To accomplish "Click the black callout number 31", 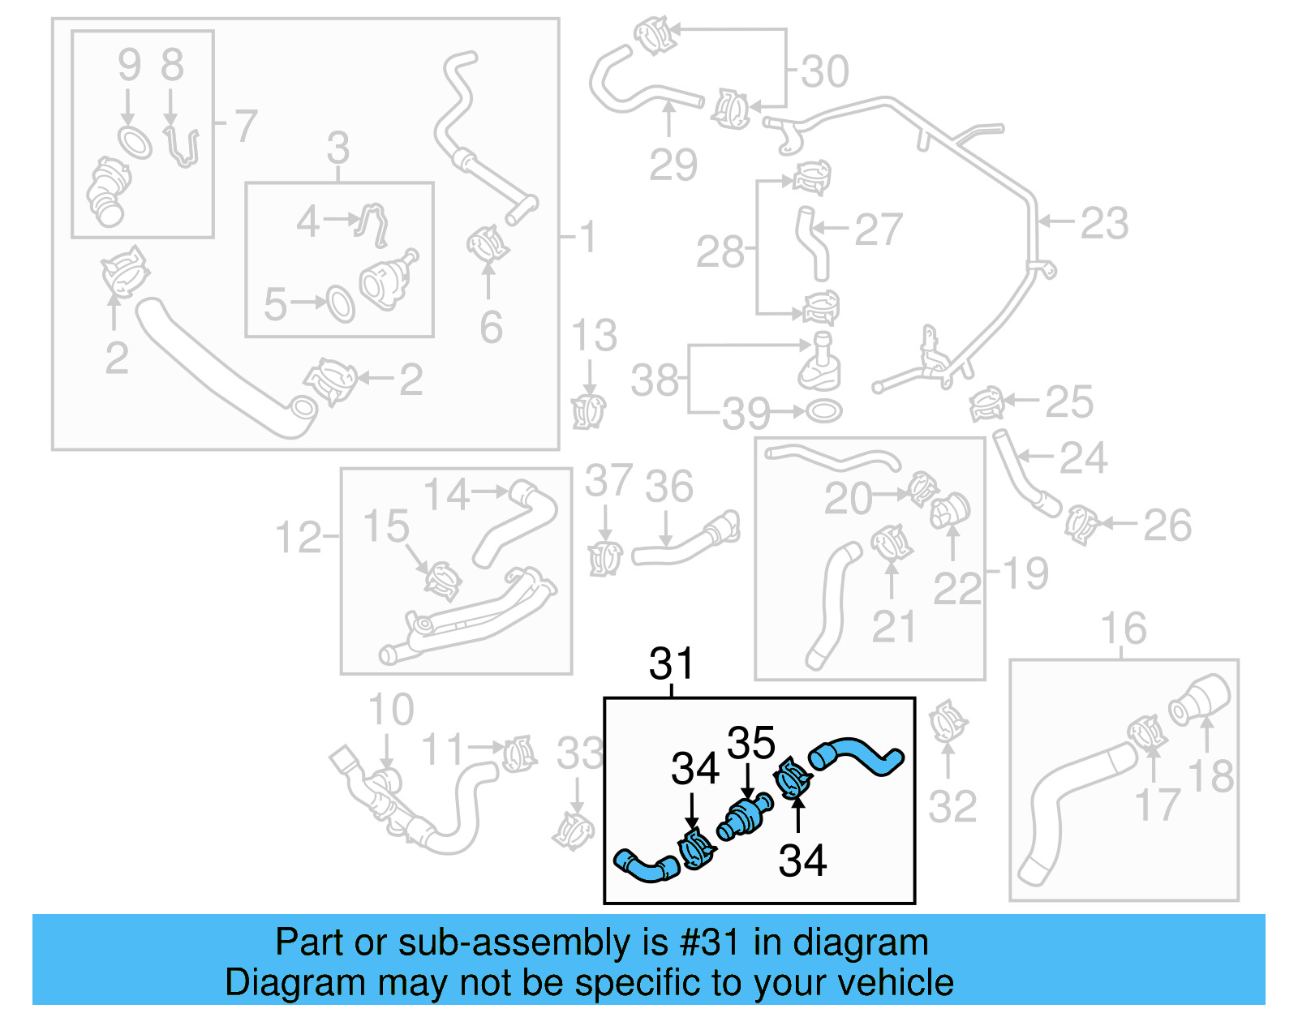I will pos(671,664).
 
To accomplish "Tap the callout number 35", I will pos(750,742).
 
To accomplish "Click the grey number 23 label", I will pos(1104,223).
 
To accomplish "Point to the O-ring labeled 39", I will pos(823,411).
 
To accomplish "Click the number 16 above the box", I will pos(1123,629).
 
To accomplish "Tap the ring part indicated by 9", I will pos(135,142).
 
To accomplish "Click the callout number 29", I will pos(673,165).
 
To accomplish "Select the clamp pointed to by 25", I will pos(986,403).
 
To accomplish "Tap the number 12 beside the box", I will pos(298,538).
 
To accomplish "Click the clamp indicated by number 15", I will pos(442,580).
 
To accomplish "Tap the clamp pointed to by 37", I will pos(604,559).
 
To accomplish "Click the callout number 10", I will pos(390,710).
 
